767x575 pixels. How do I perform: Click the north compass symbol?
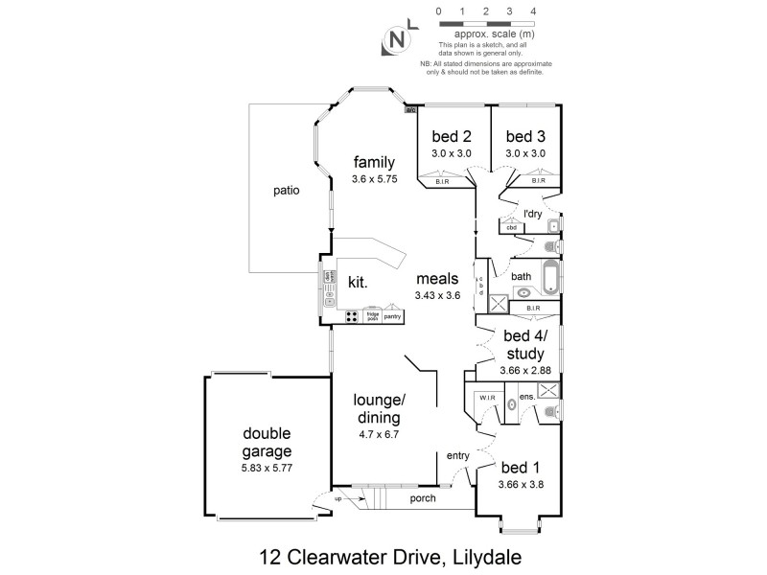pyautogui.click(x=395, y=39)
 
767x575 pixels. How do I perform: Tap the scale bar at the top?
pyautogui.click(x=485, y=24)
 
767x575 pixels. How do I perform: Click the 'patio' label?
pyautogui.click(x=285, y=190)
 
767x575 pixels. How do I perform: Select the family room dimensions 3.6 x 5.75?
pyautogui.click(x=373, y=178)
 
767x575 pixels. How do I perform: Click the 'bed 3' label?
pyautogui.click(x=525, y=136)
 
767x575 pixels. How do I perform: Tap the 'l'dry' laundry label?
pyautogui.click(x=533, y=213)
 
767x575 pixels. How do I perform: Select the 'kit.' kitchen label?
pyautogui.click(x=358, y=282)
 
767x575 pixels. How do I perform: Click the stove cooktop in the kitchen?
pyautogui.click(x=352, y=315)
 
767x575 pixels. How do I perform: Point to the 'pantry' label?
pyautogui.click(x=393, y=316)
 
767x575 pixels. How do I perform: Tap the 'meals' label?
pyautogui.click(x=437, y=279)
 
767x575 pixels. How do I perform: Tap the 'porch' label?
pyautogui.click(x=422, y=498)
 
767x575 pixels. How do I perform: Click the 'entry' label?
pyautogui.click(x=456, y=456)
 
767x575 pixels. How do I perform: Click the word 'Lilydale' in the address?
pyautogui.click(x=471, y=555)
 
